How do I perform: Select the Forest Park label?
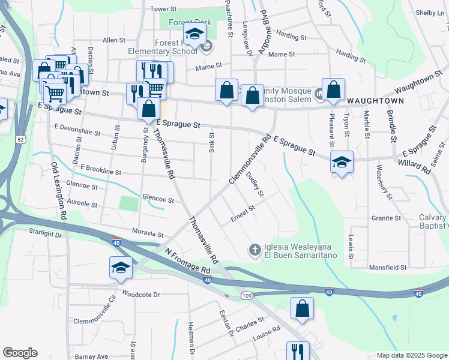click(190, 22)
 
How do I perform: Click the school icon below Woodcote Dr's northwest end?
click(121, 268)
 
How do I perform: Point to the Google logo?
click(20, 353)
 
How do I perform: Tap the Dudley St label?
click(255, 184)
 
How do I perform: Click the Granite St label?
click(386, 218)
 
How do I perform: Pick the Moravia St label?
click(148, 233)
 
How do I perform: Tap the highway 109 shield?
click(247, 295)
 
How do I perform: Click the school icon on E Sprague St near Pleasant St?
click(342, 162)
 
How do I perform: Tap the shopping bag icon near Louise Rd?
click(302, 308)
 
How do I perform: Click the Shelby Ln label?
click(429, 13)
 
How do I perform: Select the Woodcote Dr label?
click(140, 295)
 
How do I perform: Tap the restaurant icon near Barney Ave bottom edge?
click(297, 350)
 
